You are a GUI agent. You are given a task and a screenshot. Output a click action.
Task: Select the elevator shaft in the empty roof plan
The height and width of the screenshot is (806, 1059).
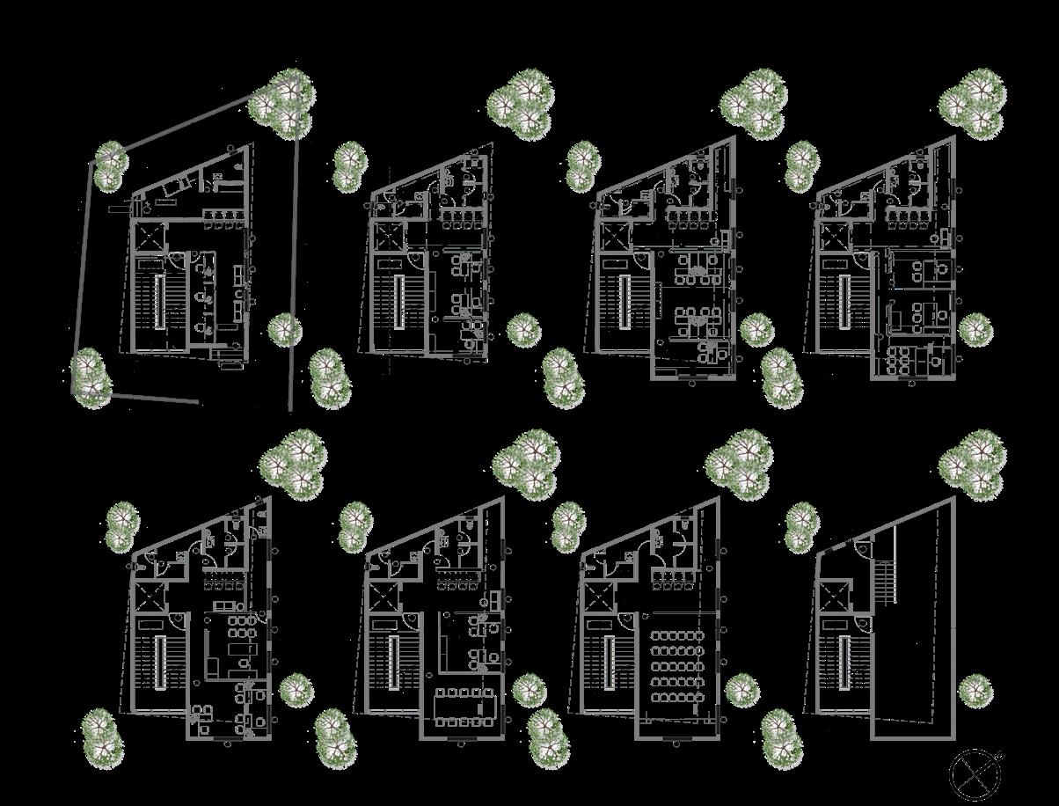coord(835,599)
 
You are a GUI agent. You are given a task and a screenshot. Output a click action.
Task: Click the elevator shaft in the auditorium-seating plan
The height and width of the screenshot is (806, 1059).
coord(600,599)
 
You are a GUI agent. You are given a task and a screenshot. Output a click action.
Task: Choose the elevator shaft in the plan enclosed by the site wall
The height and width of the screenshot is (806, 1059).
coord(147,237)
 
